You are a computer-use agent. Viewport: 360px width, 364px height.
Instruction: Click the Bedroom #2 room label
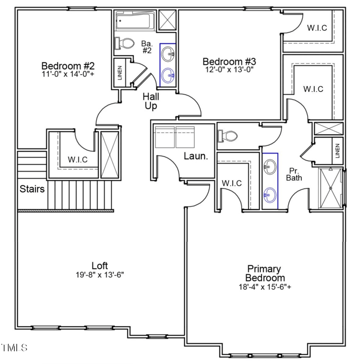click(67, 65)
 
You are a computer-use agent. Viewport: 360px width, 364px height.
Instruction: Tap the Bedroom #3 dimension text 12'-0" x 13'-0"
click(229, 70)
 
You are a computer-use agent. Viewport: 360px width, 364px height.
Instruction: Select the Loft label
click(99, 265)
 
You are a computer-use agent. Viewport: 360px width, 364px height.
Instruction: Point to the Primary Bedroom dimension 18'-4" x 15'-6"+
click(265, 287)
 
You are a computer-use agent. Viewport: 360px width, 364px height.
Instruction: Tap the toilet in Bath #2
click(126, 44)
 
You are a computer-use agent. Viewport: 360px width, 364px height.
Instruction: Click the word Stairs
click(32, 189)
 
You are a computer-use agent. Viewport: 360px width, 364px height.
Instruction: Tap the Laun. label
click(195, 157)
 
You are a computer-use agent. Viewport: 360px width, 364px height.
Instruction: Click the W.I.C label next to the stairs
click(77, 159)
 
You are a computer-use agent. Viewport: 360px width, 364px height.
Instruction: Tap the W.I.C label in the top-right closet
click(317, 28)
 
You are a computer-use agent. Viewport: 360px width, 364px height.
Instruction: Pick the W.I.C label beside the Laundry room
click(232, 183)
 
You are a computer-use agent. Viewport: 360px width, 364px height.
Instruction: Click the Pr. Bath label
click(294, 174)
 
